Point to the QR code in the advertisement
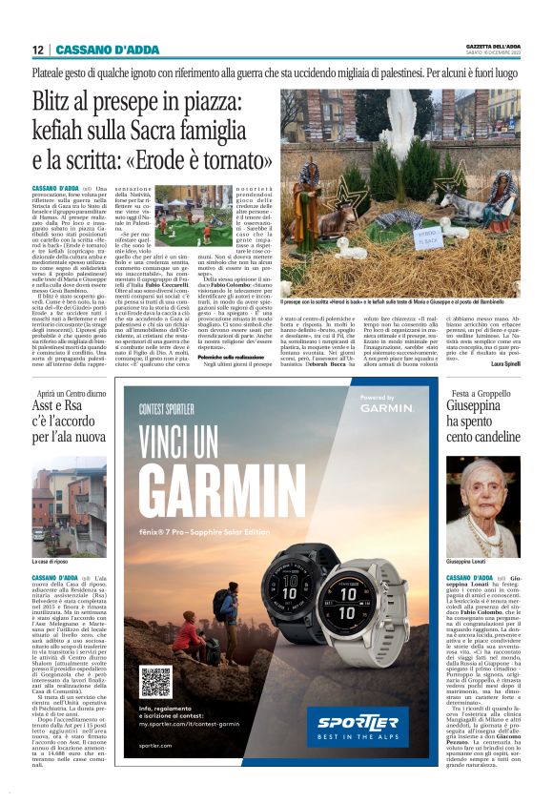click(x=155, y=681)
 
